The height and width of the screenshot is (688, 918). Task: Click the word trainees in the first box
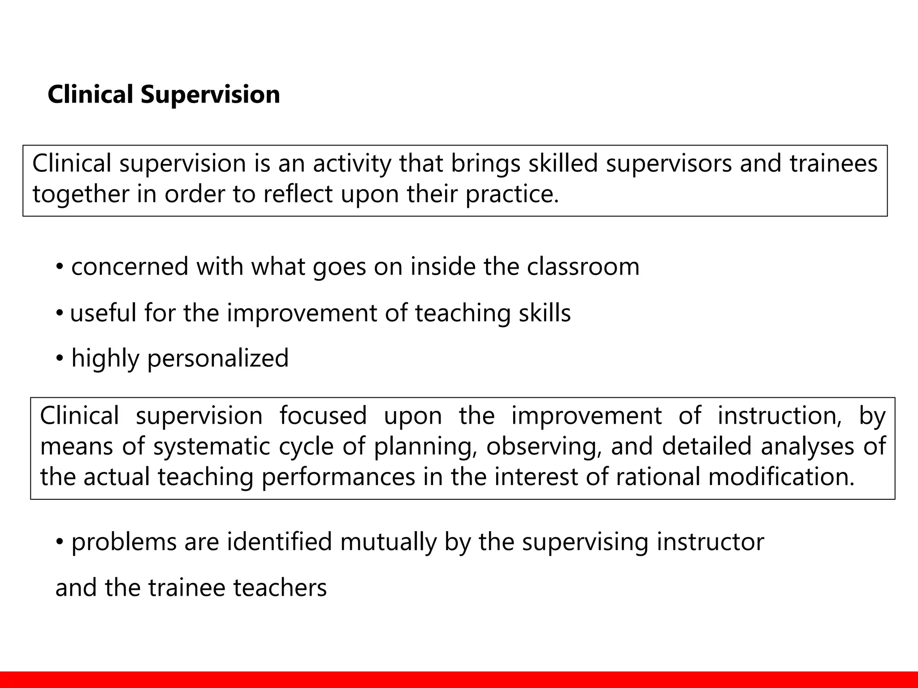click(x=833, y=163)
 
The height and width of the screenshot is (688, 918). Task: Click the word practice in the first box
click(x=512, y=194)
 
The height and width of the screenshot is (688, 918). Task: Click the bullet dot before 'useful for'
click(x=60, y=314)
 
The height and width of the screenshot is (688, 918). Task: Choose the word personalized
click(x=218, y=359)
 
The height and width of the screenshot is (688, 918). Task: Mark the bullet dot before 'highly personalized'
click(x=60, y=359)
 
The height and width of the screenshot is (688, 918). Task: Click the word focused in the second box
click(x=323, y=416)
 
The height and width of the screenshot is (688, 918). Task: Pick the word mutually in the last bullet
click(x=388, y=542)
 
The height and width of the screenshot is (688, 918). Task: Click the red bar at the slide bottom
click(x=459, y=679)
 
